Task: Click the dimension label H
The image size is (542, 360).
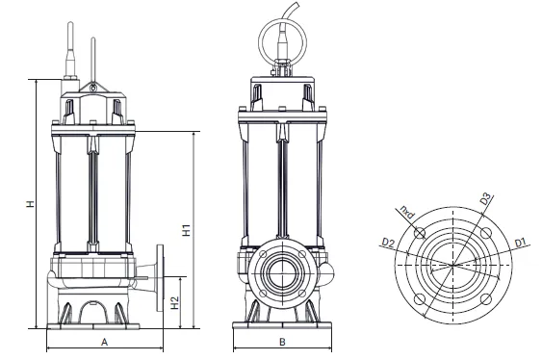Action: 31,204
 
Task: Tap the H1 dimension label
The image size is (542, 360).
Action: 187,230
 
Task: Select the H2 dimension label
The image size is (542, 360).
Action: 175,302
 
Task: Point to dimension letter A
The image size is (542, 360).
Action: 104,342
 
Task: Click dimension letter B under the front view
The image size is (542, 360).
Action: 282,342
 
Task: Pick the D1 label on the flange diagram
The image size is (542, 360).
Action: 520,243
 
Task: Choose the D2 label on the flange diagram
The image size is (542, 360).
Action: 388,243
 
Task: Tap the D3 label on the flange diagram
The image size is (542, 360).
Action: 485,199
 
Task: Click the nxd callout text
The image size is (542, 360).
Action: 407,213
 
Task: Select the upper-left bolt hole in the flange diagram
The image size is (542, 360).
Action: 420,233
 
